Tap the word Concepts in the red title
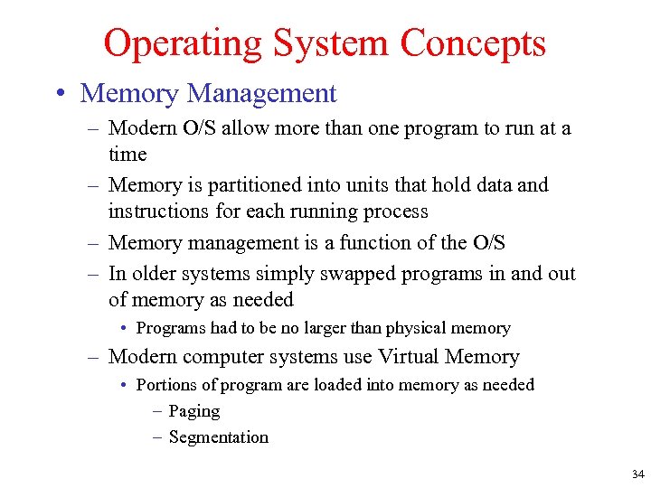473,42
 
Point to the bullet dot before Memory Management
61,93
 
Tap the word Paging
193,411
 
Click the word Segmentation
218,437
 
